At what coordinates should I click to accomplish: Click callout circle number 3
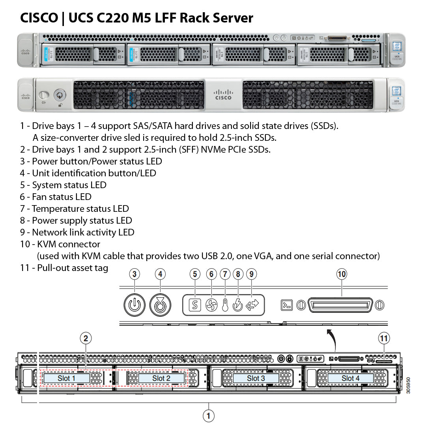click(x=135, y=274)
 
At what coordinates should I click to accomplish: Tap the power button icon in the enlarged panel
click(x=135, y=305)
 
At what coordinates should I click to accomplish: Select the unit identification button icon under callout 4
click(x=160, y=305)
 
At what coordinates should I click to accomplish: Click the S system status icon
click(x=195, y=305)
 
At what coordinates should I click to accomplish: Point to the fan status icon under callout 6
click(x=211, y=305)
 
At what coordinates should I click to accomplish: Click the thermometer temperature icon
click(x=225, y=305)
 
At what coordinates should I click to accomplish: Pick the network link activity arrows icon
click(x=252, y=305)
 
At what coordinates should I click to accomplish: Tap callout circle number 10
click(x=342, y=274)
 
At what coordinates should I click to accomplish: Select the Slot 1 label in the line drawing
click(x=66, y=378)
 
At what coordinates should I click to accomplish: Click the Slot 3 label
click(x=256, y=378)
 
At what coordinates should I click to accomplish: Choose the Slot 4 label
click(x=350, y=378)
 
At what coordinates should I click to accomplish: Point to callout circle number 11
click(x=384, y=338)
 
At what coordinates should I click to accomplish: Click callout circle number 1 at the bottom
click(x=208, y=415)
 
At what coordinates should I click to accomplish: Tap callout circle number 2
click(x=86, y=338)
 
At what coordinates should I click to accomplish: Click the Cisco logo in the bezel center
click(x=223, y=94)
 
